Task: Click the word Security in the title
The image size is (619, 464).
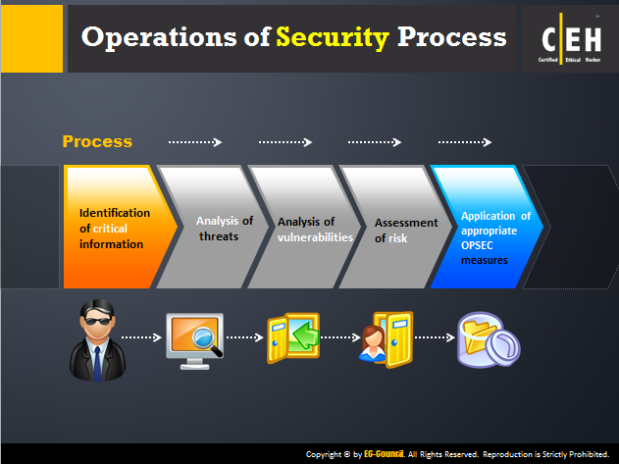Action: (333, 38)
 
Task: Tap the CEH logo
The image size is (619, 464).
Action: (571, 38)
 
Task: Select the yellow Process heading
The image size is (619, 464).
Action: (97, 141)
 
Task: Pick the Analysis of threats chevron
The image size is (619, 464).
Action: (213, 227)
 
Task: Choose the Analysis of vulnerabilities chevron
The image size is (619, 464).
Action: (304, 227)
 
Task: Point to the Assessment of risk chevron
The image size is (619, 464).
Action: (395, 227)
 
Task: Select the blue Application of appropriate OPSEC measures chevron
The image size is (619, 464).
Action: (487, 227)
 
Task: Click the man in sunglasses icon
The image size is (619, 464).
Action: (97, 340)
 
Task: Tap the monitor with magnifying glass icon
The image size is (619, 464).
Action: (194, 341)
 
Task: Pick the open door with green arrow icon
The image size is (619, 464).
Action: (293, 337)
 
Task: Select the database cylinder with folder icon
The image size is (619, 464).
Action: (489, 339)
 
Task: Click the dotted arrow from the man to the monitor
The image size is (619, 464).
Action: (141, 337)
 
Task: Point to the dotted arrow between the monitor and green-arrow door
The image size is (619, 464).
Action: (245, 337)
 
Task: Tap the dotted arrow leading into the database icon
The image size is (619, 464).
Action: (435, 337)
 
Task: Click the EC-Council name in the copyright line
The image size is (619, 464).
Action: (384, 454)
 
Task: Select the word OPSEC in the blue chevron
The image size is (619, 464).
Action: (477, 245)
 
